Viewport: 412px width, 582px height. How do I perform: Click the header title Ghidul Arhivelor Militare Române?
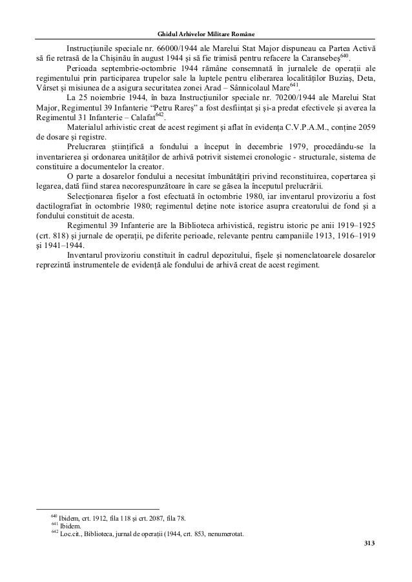[205, 34]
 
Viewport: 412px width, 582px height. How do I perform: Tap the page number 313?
[369, 543]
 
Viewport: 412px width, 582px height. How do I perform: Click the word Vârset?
[49, 88]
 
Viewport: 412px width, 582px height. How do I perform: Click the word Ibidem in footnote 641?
[70, 526]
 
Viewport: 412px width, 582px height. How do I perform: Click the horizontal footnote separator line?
[97, 508]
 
